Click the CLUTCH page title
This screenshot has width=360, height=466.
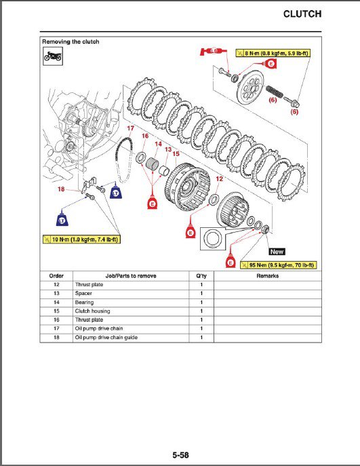[x=302, y=14]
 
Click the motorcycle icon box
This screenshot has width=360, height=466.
[x=53, y=56]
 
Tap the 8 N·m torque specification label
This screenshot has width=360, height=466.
[x=273, y=53]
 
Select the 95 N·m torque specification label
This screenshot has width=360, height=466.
[x=279, y=265]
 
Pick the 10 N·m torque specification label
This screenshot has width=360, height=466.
[x=81, y=239]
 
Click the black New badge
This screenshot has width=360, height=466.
[x=277, y=252]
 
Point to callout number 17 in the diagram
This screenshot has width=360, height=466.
[x=130, y=128]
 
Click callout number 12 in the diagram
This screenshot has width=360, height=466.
[x=219, y=178]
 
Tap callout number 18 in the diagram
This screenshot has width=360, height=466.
[x=61, y=189]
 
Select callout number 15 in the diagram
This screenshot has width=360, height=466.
[x=176, y=154]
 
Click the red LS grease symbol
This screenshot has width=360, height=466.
[x=213, y=52]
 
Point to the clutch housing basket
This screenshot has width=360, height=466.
[x=187, y=187]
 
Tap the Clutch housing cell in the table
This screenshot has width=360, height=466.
[x=92, y=311]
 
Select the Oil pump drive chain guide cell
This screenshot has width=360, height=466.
[x=106, y=338]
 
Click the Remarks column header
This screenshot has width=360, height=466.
[x=268, y=276]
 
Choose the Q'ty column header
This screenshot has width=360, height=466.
[x=201, y=276]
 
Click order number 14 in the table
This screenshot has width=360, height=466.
[x=56, y=303]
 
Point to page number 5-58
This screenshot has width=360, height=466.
[x=180, y=455]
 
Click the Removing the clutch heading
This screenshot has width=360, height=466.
[x=71, y=41]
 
